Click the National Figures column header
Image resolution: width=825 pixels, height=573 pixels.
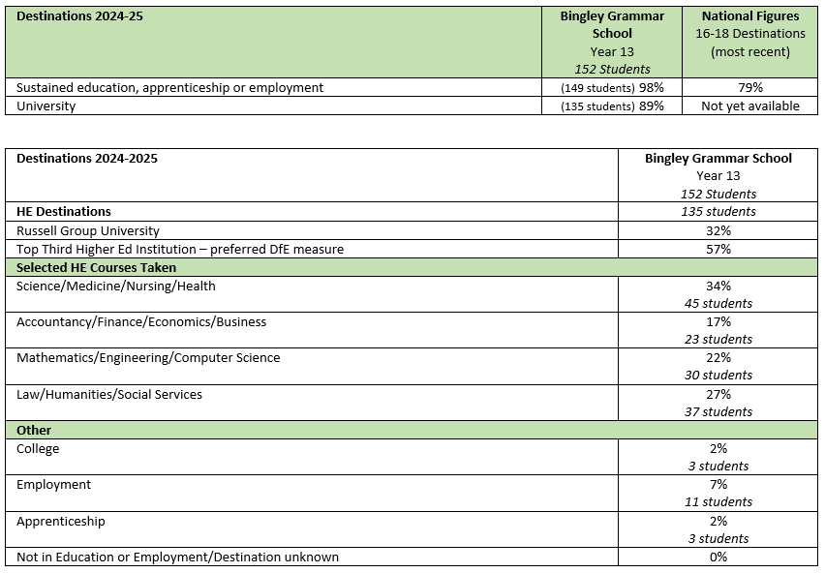[x=750, y=16]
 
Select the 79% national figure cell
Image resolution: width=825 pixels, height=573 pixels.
[x=750, y=87]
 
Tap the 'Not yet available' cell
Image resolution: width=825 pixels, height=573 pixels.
[x=750, y=106]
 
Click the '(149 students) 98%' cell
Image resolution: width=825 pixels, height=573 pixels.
[x=612, y=87]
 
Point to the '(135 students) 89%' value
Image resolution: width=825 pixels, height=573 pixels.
[x=612, y=106]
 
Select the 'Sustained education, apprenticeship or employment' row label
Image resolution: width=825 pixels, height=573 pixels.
[x=169, y=87]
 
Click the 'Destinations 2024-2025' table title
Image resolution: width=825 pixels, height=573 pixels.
[x=87, y=158]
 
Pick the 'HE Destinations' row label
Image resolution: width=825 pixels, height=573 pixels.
[x=64, y=211]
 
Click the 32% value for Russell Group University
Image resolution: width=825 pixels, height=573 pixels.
[x=718, y=230]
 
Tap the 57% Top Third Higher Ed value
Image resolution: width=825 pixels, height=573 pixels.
[x=718, y=249]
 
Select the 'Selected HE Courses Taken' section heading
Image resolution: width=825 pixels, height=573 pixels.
[x=96, y=267]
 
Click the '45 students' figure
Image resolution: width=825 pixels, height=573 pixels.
[x=718, y=303]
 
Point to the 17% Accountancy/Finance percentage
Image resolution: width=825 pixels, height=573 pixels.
[x=718, y=321]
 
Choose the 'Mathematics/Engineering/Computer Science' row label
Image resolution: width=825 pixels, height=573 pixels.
[x=148, y=358]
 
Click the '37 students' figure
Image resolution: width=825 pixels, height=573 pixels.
[x=718, y=411]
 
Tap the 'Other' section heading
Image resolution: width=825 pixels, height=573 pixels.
[x=34, y=430]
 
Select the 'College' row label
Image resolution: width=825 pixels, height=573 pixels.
[x=38, y=448]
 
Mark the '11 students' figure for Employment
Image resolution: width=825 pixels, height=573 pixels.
[x=718, y=501]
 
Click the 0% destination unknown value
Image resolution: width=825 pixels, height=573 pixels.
[x=718, y=557]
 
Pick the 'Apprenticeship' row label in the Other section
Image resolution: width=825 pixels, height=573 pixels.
[x=61, y=521]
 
